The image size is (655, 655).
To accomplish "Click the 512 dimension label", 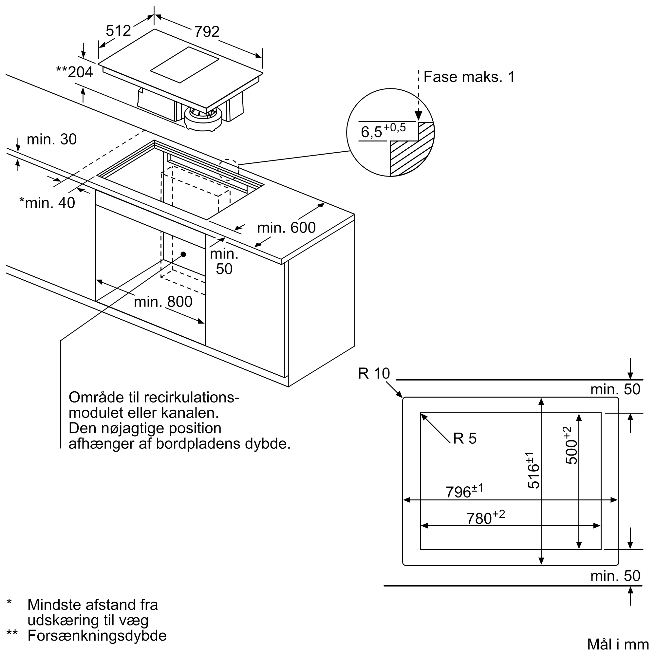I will [118, 31].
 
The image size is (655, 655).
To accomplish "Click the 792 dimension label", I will [207, 32].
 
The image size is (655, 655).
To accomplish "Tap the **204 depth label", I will [75, 72].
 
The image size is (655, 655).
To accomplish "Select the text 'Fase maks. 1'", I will [469, 77].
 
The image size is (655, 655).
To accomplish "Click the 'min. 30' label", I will [51, 139].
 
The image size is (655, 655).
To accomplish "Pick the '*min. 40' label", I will [47, 203].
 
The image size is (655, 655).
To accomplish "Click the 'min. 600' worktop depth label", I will [287, 228].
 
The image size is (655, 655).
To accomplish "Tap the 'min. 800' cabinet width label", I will [163, 301].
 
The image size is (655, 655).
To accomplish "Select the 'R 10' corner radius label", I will [374, 374].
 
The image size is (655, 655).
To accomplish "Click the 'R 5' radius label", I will [465, 439].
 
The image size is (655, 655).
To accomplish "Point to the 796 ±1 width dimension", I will [464, 491].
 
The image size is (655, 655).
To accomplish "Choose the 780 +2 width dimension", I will [485, 517].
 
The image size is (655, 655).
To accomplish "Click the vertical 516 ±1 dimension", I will [533, 471].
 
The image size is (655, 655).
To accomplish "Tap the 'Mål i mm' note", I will [618, 645].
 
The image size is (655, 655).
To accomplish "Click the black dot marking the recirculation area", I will [183, 254].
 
